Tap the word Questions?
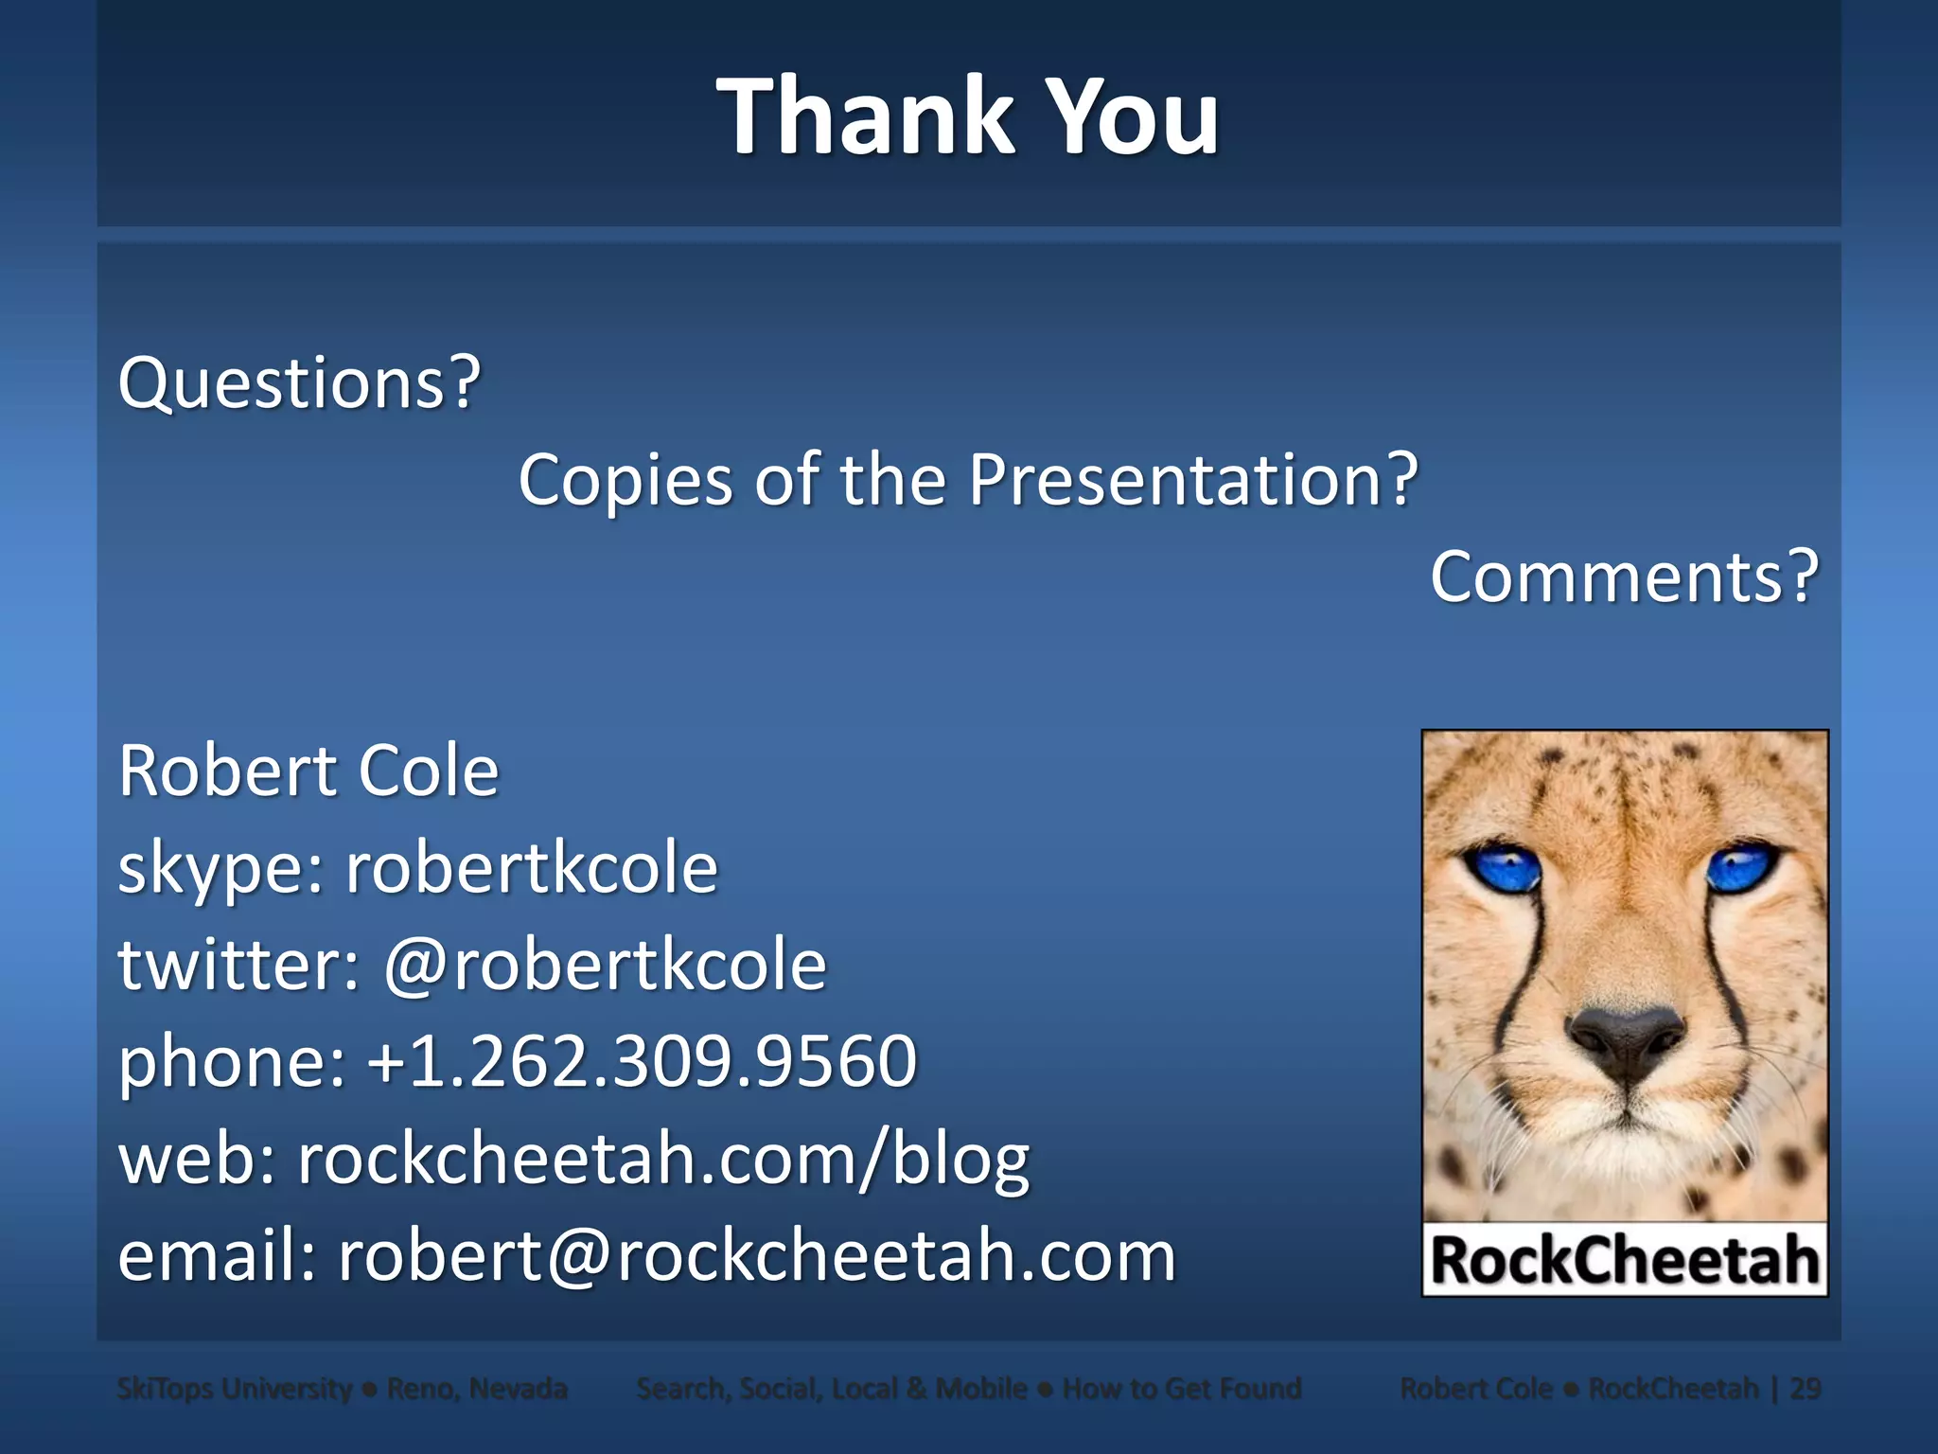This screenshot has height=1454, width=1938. [x=299, y=382]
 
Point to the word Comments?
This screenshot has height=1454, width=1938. [x=1624, y=576]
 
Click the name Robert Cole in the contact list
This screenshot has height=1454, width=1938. [x=308, y=771]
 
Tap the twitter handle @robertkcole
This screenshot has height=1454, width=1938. [x=605, y=965]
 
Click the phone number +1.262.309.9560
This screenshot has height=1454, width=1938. [x=643, y=1061]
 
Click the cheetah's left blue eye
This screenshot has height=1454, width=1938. [x=1503, y=866]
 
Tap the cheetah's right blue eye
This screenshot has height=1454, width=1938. [x=1742, y=866]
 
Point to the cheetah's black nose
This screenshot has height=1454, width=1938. [x=1625, y=1041]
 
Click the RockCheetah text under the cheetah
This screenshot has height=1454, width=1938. [x=1625, y=1261]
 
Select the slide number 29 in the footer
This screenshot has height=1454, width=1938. [x=1806, y=1389]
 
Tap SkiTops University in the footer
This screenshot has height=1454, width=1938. [x=234, y=1389]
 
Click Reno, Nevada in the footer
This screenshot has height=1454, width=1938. [x=477, y=1389]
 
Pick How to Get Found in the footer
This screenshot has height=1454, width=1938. [x=1182, y=1389]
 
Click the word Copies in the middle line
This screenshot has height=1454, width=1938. [x=625, y=480]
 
